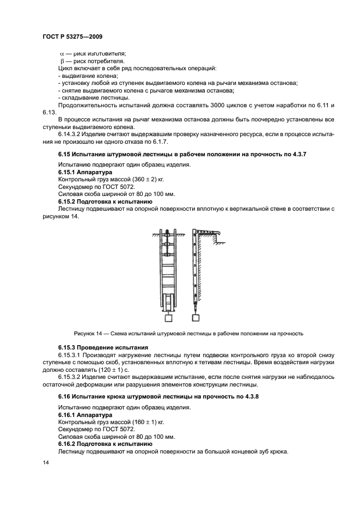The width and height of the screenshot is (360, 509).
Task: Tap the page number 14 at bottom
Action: point(45,462)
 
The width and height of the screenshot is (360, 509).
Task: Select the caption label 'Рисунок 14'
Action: point(88,334)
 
